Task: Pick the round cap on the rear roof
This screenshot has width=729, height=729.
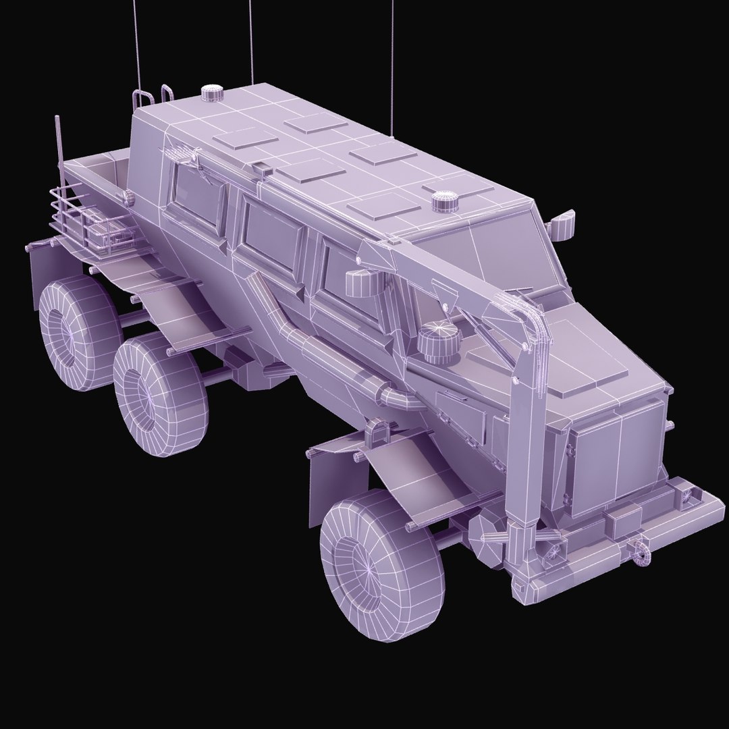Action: click(211, 93)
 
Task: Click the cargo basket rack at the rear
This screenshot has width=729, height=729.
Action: click(81, 216)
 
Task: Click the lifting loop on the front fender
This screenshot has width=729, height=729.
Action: click(379, 432)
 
